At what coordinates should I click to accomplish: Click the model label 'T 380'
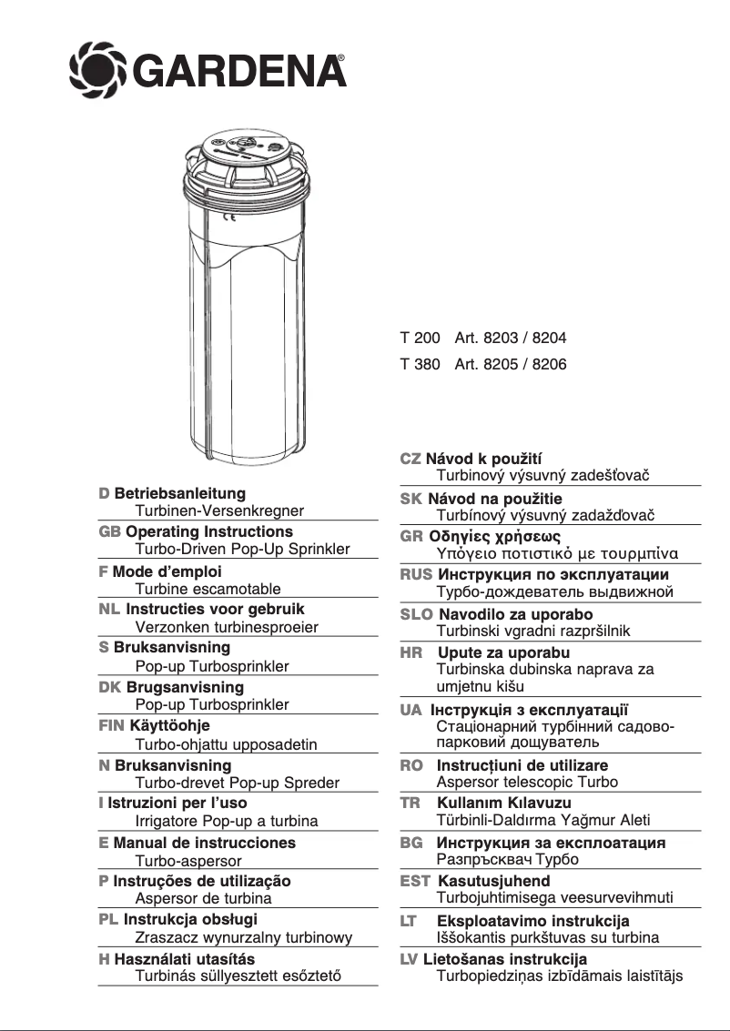(x=420, y=364)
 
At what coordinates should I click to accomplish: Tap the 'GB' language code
(x=109, y=531)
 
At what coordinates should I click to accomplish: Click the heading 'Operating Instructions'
(x=209, y=531)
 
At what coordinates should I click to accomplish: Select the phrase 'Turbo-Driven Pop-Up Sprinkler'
(x=242, y=550)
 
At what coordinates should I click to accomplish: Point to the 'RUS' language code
(x=416, y=575)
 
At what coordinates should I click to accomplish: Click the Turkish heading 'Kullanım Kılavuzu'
(x=504, y=804)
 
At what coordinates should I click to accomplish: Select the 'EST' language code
(x=415, y=881)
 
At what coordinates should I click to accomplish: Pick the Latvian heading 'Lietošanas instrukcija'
(x=505, y=959)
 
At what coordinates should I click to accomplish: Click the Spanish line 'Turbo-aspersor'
(x=188, y=860)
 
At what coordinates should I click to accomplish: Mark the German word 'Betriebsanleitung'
(x=180, y=493)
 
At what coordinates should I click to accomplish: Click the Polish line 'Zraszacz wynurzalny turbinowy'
(x=243, y=938)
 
